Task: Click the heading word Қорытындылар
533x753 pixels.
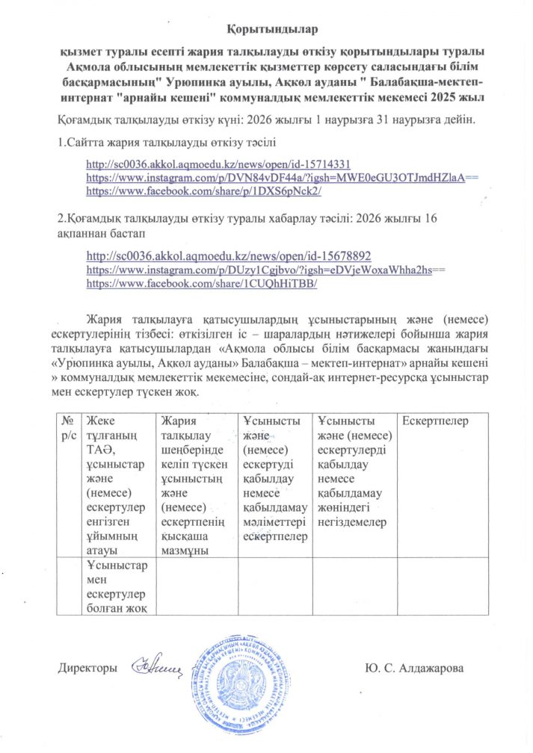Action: [272, 30]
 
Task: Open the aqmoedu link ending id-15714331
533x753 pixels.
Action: [219, 164]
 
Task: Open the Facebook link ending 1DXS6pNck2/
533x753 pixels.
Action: [204, 191]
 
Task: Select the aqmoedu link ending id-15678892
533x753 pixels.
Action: [229, 255]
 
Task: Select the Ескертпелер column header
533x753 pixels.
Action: [435, 421]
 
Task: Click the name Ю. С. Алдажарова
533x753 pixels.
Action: [414, 667]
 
